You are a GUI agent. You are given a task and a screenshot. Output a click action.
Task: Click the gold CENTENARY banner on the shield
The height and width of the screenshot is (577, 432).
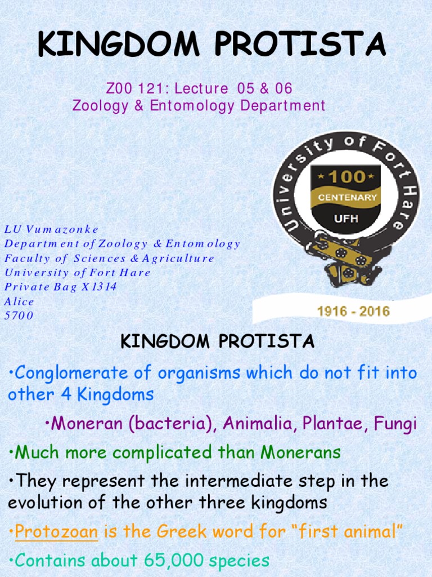click(x=346, y=198)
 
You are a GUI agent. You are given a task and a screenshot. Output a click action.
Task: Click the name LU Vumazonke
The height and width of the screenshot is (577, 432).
click(x=51, y=229)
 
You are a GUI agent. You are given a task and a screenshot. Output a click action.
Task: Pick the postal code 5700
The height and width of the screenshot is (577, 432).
click(x=19, y=316)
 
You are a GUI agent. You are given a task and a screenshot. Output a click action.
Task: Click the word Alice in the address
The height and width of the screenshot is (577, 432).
click(x=19, y=301)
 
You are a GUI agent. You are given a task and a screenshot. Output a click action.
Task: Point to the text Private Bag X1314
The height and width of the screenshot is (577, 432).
click(x=60, y=287)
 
